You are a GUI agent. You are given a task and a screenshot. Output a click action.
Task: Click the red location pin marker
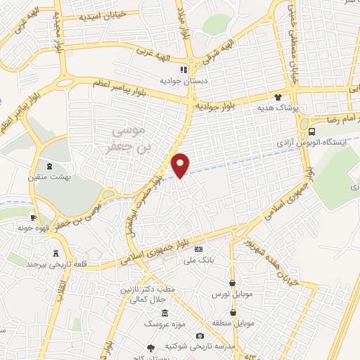[x=181, y=164]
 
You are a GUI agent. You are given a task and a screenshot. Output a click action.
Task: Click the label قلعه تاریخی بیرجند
[x=50, y=264]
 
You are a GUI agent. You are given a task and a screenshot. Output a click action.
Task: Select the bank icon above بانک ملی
[x=198, y=249]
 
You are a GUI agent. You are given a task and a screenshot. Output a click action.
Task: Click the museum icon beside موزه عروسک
[x=165, y=314]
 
